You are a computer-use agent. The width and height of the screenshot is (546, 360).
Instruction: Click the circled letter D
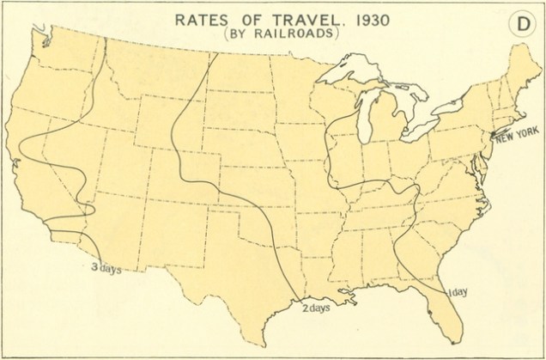click(521, 25)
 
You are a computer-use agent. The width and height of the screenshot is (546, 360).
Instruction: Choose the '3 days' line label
click(106, 268)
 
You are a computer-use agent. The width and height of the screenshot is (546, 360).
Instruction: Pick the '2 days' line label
click(317, 308)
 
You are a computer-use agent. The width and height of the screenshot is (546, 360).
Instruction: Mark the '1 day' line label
click(458, 293)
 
